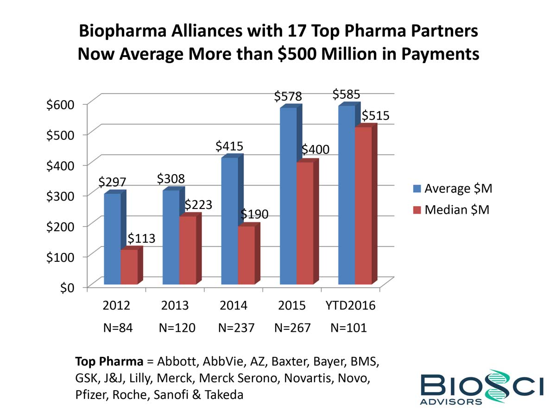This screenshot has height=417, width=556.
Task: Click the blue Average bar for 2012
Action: tap(112, 239)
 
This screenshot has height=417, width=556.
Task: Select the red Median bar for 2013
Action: tap(187, 250)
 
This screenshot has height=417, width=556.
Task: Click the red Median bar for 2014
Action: tap(246, 255)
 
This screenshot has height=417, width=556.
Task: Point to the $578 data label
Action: tap(288, 96)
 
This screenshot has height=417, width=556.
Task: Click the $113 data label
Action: tap(141, 239)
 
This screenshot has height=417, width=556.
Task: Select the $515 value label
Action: tap(375, 115)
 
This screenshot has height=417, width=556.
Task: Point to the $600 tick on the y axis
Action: tap(60, 105)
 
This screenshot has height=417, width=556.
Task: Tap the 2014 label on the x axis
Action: tap(234, 306)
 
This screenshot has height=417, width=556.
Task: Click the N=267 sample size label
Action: tap(292, 328)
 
